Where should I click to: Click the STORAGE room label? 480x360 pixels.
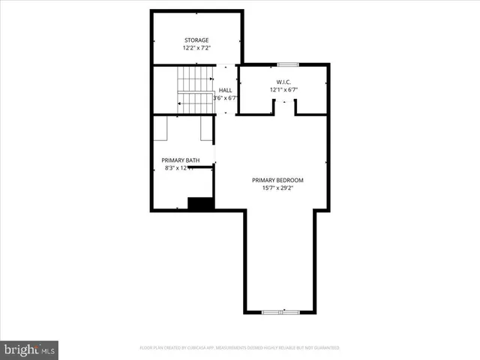click(196, 40)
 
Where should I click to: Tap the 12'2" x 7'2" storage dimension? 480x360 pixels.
click(196, 48)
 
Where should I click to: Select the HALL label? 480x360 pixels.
click(225, 90)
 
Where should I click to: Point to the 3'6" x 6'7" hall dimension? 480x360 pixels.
click(226, 98)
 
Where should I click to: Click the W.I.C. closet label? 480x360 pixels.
click(283, 82)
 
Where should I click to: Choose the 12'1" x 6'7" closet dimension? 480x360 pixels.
click(283, 90)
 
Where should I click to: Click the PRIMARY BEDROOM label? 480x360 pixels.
click(278, 180)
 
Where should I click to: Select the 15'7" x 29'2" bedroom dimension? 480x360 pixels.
click(278, 188)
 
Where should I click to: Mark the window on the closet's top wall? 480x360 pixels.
click(288, 64)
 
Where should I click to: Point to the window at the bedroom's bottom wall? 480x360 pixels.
click(280, 312)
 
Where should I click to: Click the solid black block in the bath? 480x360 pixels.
click(200, 203)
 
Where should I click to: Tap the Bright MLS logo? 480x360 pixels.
click(29, 349)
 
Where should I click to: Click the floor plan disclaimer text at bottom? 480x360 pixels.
click(240, 348)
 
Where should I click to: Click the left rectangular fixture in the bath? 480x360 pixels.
click(161, 128)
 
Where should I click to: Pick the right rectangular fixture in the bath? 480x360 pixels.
click(206, 128)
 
